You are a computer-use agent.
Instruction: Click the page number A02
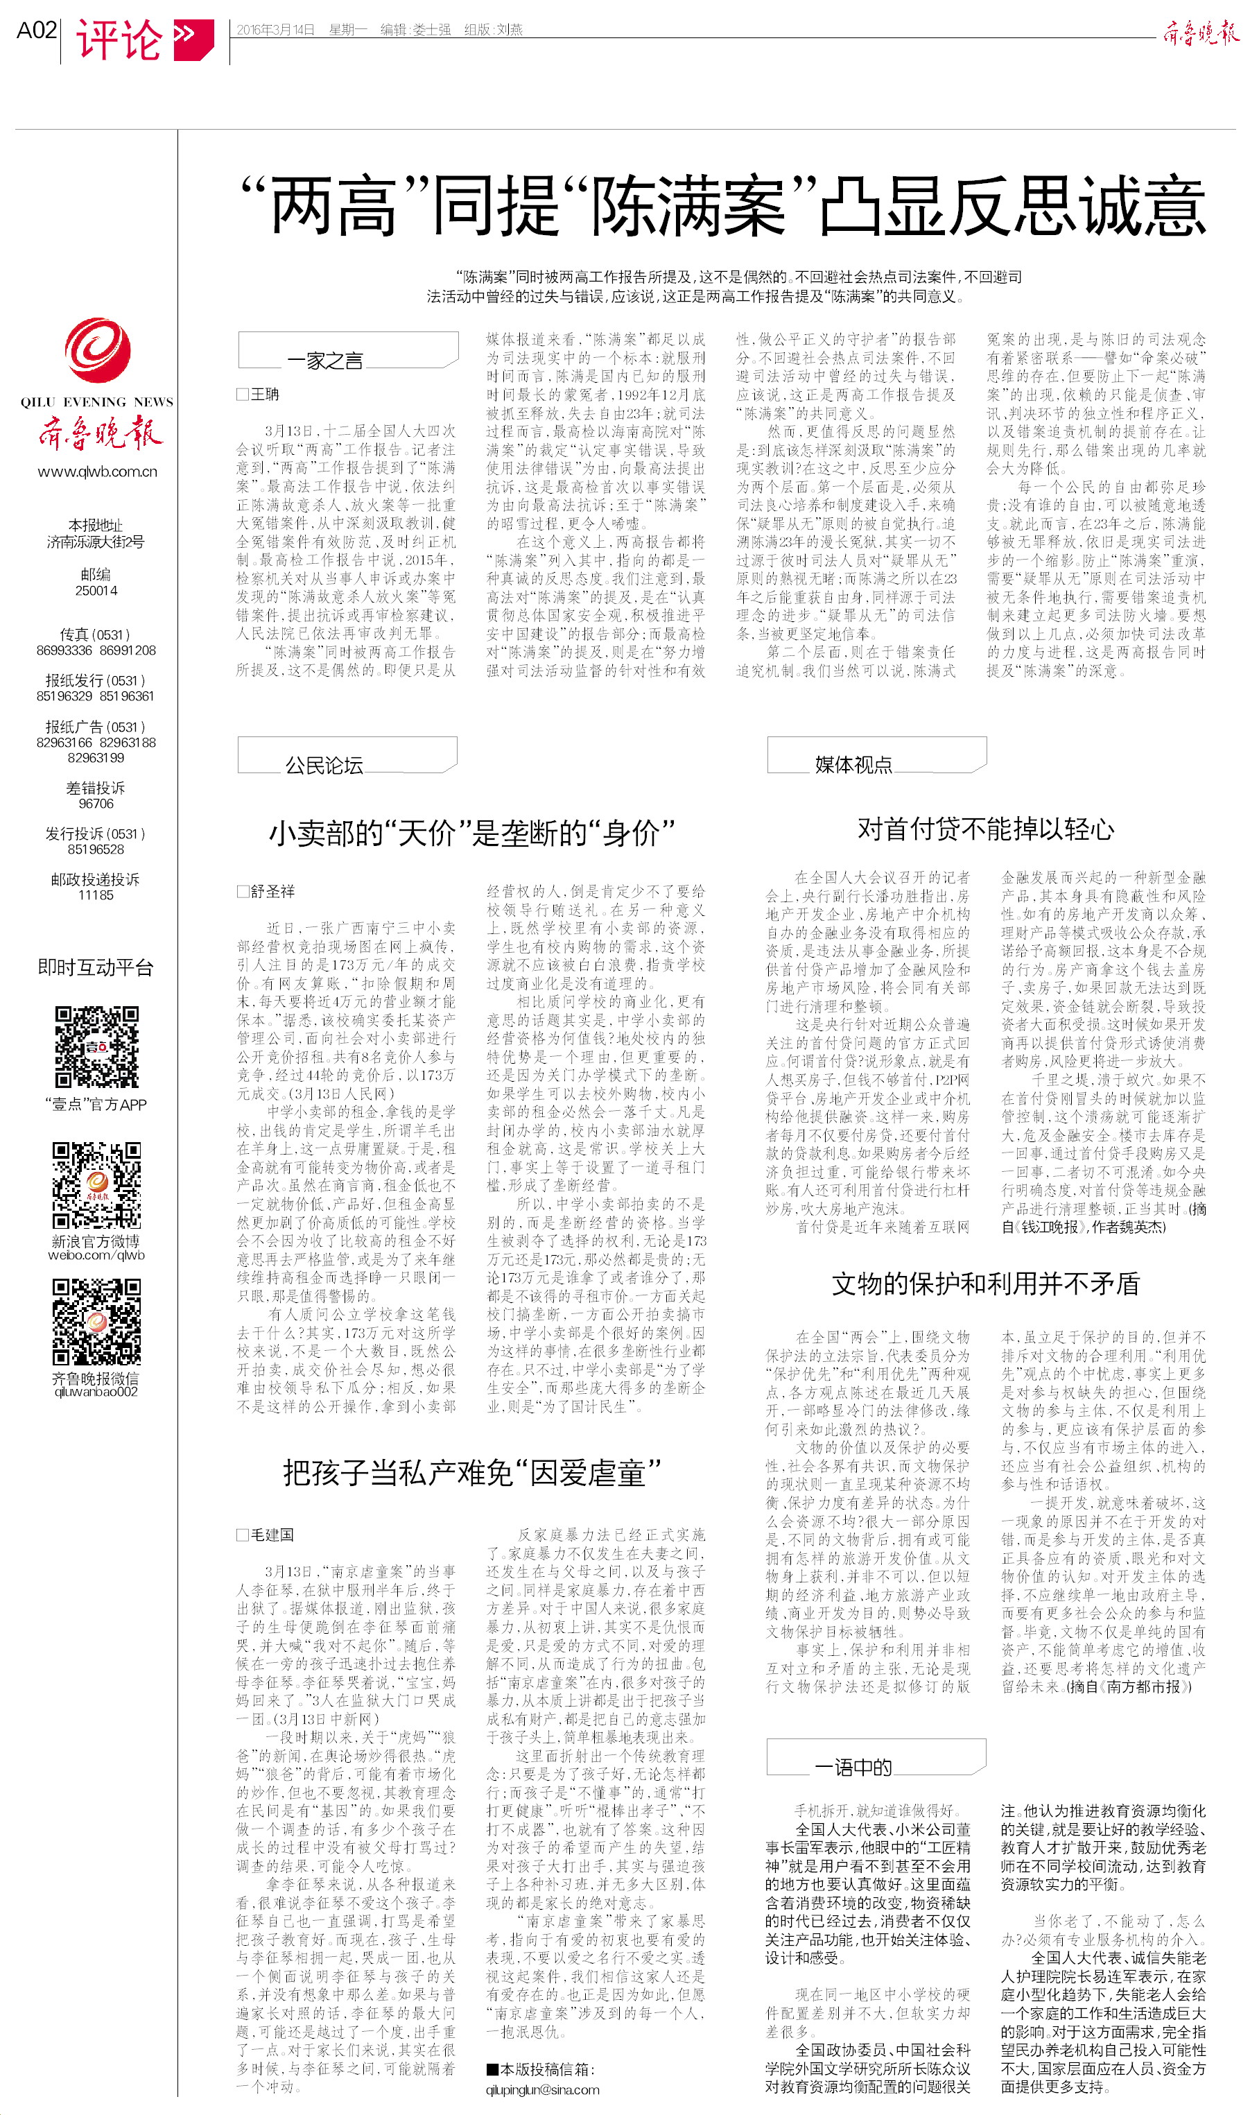click(x=36, y=31)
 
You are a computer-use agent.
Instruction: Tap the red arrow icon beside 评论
click(x=193, y=38)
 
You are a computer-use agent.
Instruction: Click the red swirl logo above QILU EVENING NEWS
click(x=97, y=350)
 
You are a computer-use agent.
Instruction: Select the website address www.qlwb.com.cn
click(x=97, y=472)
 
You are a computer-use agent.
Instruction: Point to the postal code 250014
click(x=96, y=590)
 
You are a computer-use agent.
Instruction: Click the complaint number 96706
click(x=96, y=804)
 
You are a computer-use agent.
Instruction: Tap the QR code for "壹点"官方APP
click(x=97, y=1047)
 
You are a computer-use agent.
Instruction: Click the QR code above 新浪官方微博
click(x=97, y=1184)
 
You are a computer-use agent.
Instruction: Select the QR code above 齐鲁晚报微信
click(x=97, y=1322)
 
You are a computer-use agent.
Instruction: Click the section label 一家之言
click(x=324, y=361)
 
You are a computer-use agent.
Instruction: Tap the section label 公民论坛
click(x=324, y=765)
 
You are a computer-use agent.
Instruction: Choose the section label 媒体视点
click(x=853, y=764)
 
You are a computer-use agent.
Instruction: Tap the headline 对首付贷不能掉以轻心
click(x=986, y=829)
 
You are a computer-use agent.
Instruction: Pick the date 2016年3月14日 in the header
click(x=275, y=30)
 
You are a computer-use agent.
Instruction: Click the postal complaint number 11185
click(x=96, y=895)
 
